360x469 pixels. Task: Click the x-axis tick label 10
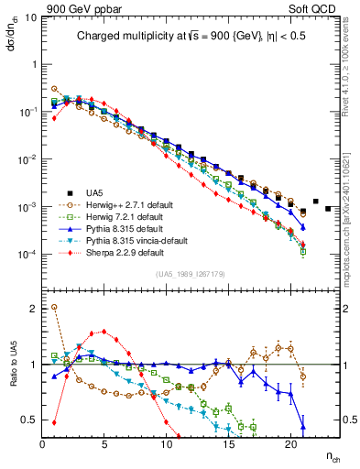pyautogui.click(x=167, y=444)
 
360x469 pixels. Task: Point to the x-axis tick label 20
pyautogui.click(x=290, y=444)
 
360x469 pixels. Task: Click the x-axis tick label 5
pyautogui.click(x=104, y=444)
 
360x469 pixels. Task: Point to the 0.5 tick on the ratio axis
pyautogui.click(x=30, y=420)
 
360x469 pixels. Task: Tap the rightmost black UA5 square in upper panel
pyautogui.click(x=328, y=209)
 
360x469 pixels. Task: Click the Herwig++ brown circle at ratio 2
pyautogui.click(x=54, y=307)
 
